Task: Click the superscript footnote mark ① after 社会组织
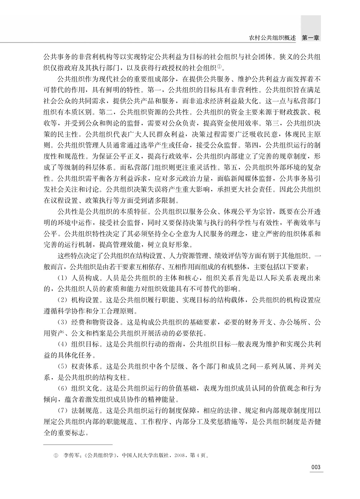point(219,67)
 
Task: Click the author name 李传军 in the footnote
point(71,455)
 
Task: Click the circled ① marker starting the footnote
point(56,456)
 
